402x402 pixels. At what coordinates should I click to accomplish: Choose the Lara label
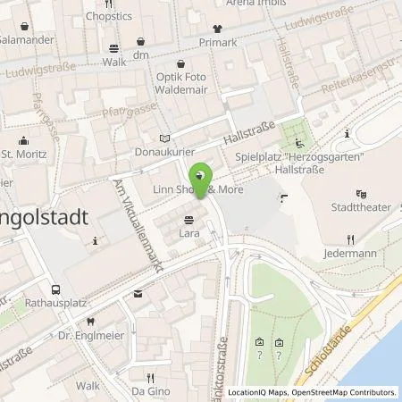click(x=188, y=233)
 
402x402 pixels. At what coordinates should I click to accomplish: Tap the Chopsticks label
click(x=109, y=16)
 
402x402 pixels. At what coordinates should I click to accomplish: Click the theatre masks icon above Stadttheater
click(x=361, y=194)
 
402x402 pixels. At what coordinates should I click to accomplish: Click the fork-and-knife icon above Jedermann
click(x=351, y=239)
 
